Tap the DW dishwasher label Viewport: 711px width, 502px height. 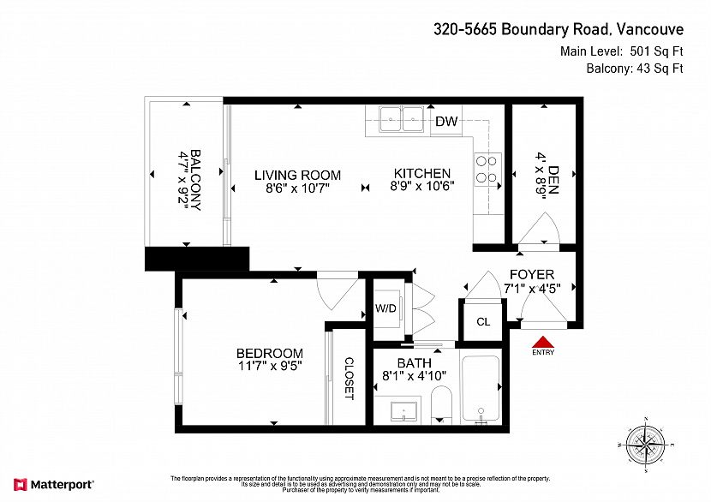(x=445, y=122)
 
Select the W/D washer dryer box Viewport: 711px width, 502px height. (x=385, y=309)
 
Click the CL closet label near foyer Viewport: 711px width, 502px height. (x=483, y=322)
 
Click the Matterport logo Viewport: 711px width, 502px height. (x=53, y=485)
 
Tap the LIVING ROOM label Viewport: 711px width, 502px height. (x=297, y=175)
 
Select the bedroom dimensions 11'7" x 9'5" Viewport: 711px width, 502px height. (x=270, y=367)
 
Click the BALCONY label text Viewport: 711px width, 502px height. (x=196, y=181)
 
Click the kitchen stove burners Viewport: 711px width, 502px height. (x=487, y=170)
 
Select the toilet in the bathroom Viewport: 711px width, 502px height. (x=441, y=405)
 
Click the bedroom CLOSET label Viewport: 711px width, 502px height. (x=349, y=379)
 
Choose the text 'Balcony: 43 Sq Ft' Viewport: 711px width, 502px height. (x=634, y=69)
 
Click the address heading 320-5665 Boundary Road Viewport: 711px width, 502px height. (x=557, y=30)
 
